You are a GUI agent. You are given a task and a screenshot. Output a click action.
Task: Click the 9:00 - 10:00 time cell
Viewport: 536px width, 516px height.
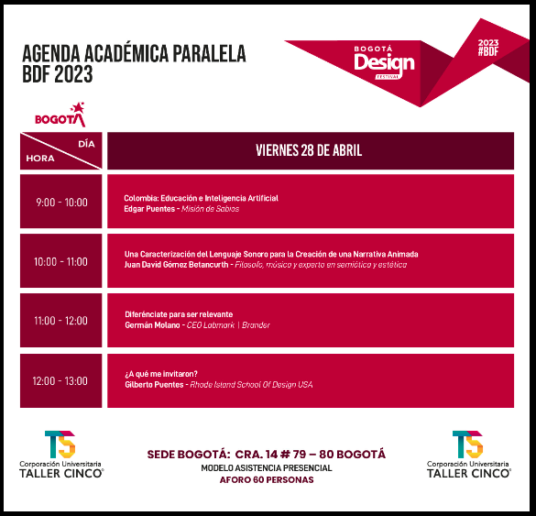(61, 203)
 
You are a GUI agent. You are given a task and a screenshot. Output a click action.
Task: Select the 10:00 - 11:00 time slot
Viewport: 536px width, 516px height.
(61, 261)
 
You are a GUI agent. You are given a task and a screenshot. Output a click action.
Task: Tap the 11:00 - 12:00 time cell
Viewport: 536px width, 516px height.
(61, 321)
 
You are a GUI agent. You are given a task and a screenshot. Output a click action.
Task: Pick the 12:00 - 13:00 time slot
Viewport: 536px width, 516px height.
(61, 380)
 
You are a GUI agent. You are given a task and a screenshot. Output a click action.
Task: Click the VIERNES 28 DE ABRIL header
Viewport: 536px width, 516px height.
(308, 151)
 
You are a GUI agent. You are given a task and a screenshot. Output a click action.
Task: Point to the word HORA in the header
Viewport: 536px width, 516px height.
(40, 158)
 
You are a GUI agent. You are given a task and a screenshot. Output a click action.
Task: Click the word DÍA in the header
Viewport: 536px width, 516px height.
(86, 143)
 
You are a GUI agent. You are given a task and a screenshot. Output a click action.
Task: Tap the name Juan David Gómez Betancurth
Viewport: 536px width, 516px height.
(181, 265)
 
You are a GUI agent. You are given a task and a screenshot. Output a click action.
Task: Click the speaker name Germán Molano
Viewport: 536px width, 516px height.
(151, 324)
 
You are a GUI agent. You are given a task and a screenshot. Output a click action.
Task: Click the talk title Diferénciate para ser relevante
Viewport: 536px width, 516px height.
(178, 314)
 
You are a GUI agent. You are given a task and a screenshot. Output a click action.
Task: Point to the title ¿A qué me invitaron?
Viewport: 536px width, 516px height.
(161, 374)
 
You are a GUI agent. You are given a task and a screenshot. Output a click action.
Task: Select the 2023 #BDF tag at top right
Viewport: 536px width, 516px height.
(489, 47)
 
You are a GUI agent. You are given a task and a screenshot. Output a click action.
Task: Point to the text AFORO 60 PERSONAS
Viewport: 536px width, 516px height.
(267, 480)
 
